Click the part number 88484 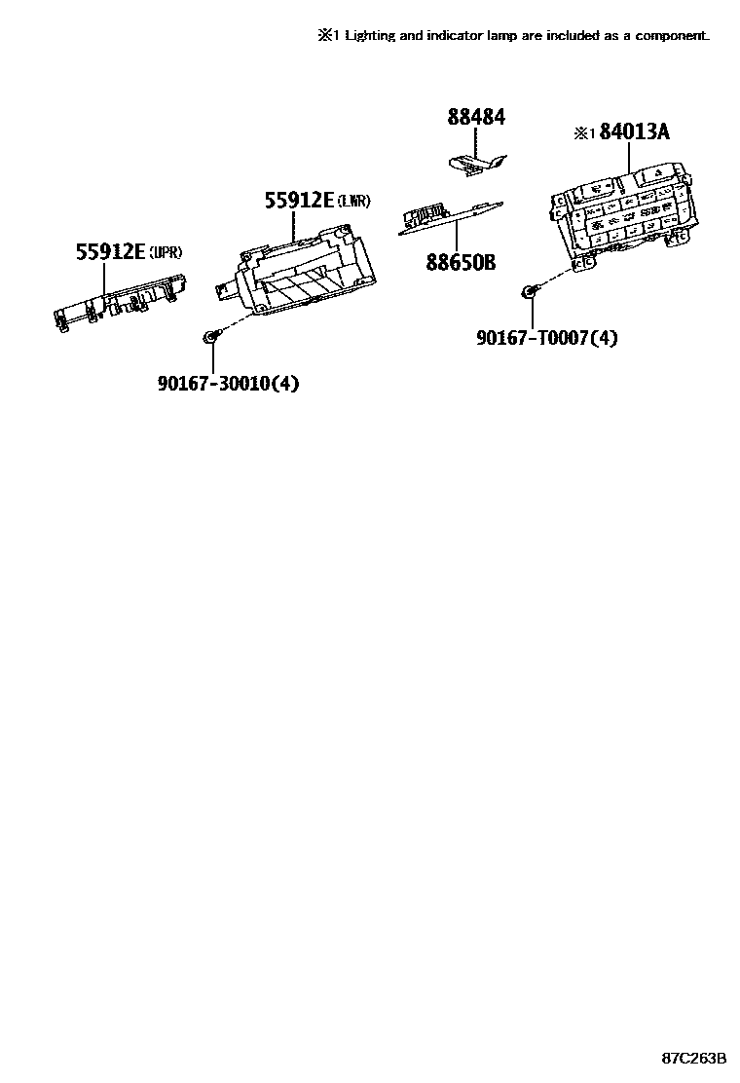coord(476,118)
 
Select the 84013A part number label coord(635,132)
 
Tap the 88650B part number coord(461,262)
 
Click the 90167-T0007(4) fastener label coord(546,338)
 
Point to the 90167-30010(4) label coord(228,384)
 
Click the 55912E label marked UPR coord(110,252)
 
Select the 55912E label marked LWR coord(299,201)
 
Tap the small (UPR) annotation coord(166,253)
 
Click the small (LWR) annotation coord(354,202)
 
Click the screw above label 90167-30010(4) coord(210,337)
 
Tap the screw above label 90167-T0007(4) coord(528,289)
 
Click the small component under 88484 coord(478,163)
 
